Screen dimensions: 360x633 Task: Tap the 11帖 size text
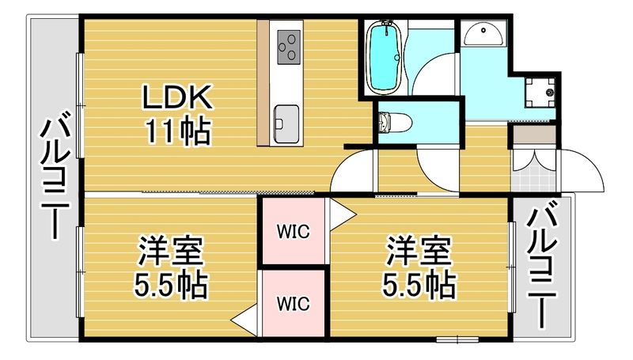(x=176, y=130)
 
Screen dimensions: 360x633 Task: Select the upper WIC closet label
(x=293, y=232)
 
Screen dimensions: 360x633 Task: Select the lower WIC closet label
(x=293, y=303)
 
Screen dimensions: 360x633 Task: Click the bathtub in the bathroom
(x=386, y=55)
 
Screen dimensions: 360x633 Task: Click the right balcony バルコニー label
(x=541, y=266)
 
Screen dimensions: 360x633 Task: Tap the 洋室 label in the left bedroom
(x=172, y=252)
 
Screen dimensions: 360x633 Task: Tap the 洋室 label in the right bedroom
(x=419, y=252)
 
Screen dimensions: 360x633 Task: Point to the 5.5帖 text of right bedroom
(x=419, y=284)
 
